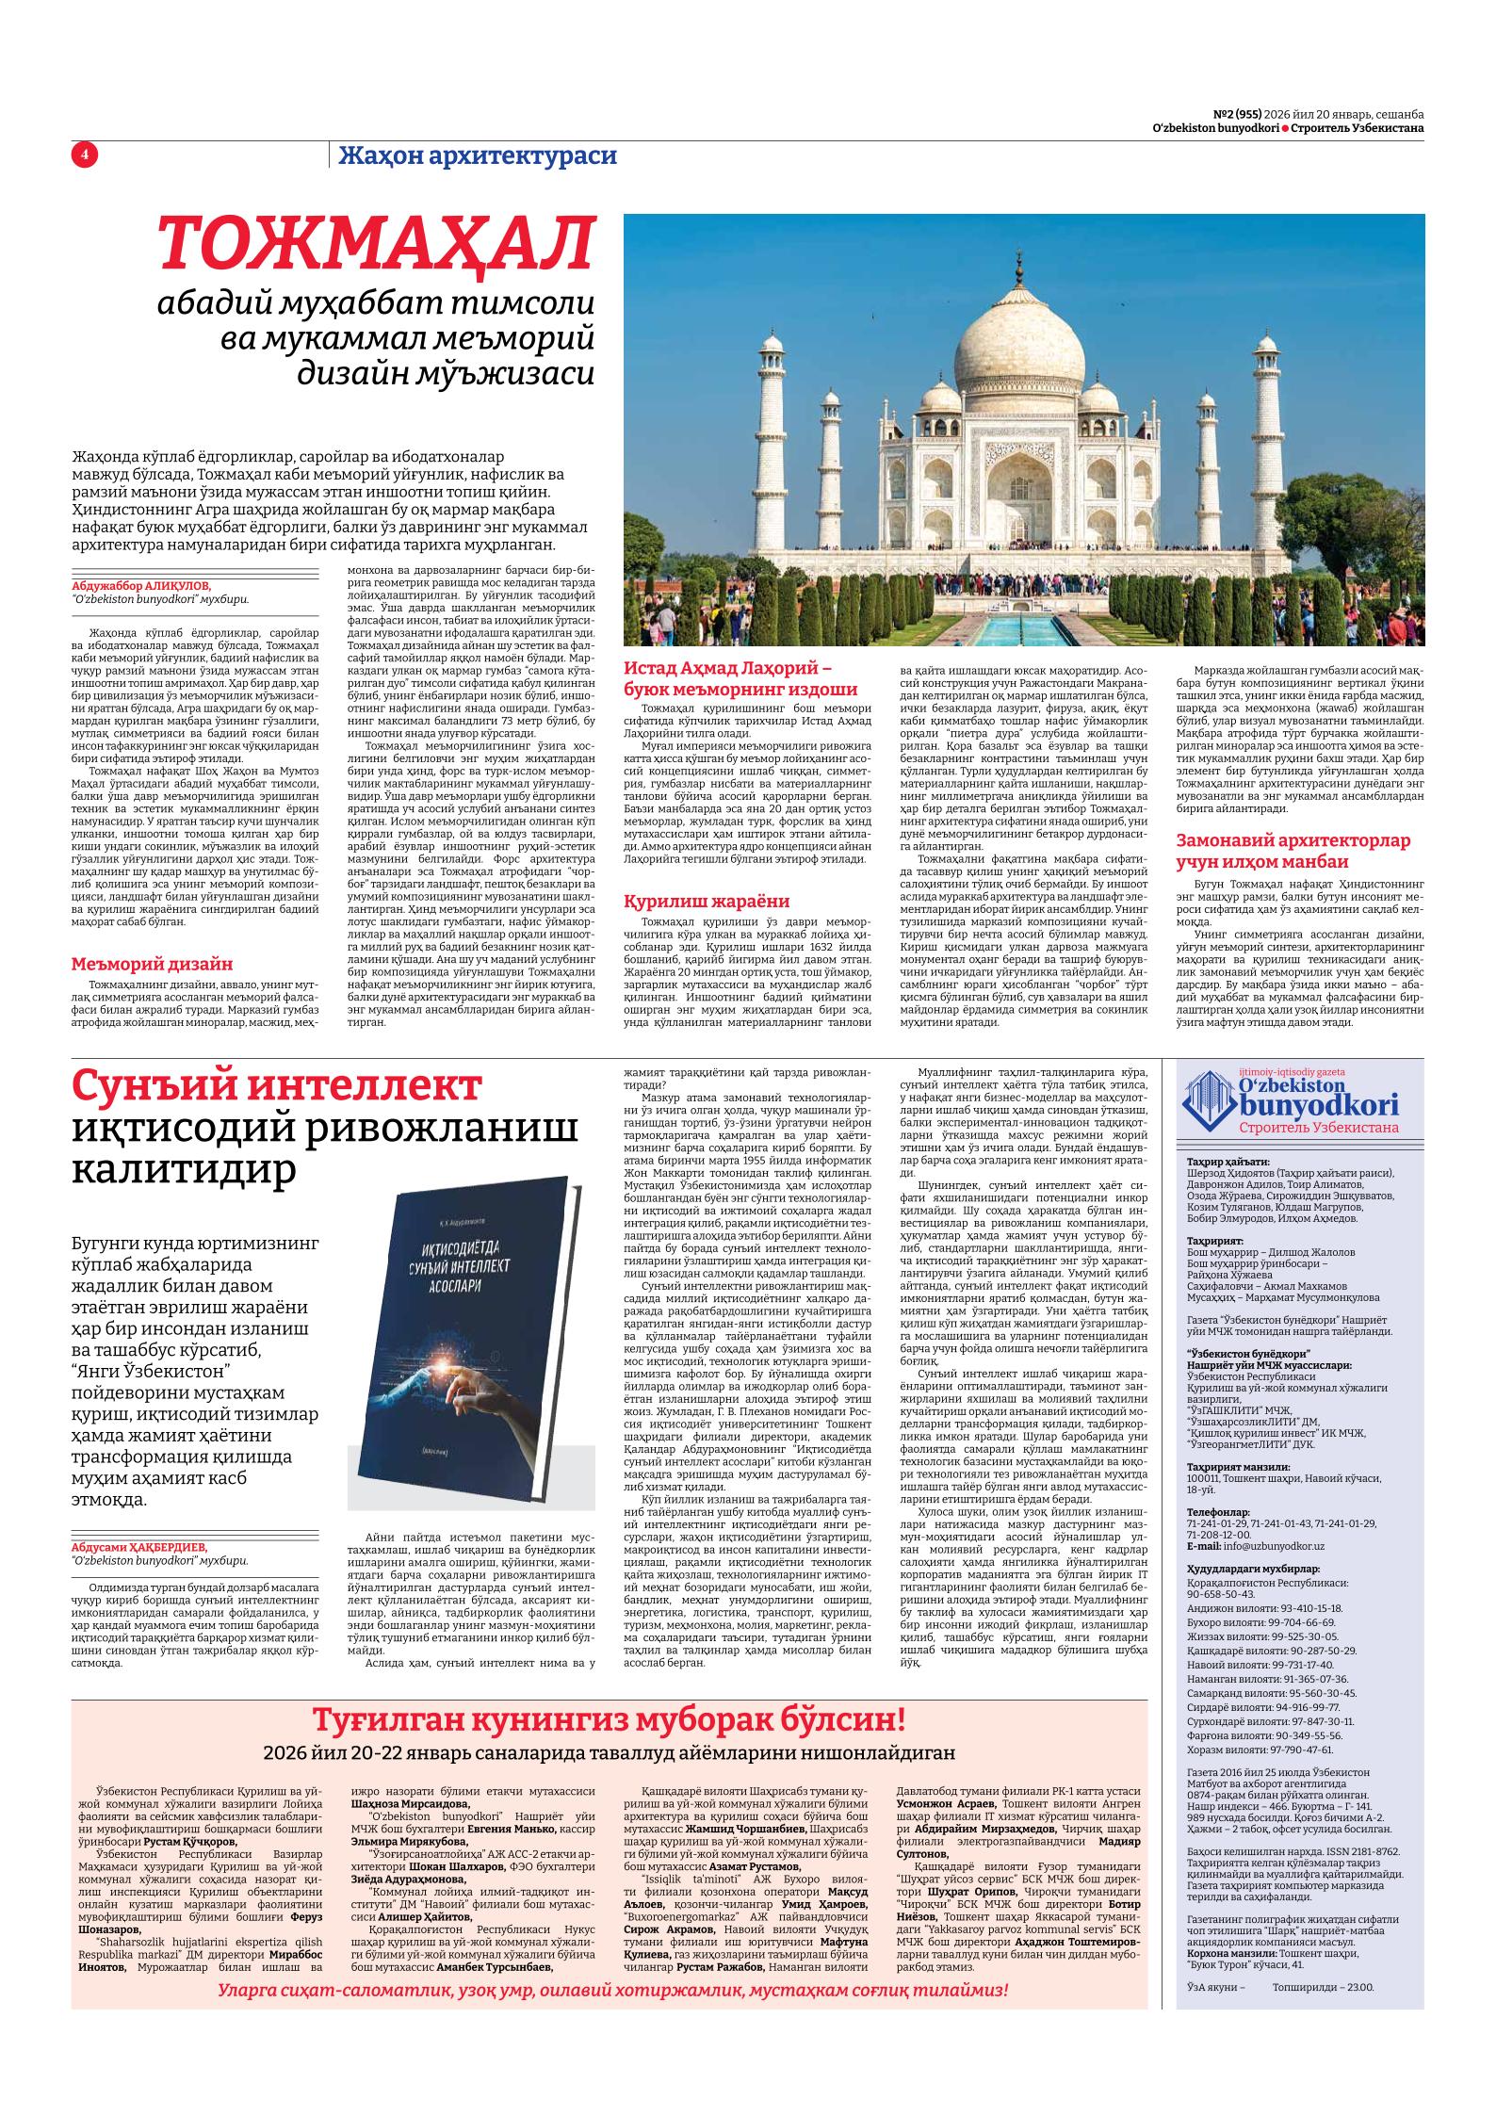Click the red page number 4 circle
(84, 155)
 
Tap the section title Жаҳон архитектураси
(478, 155)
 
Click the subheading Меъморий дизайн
(153, 964)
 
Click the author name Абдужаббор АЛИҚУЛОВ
(142, 585)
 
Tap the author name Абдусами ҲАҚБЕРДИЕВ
(138, 1547)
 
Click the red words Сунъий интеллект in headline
(277, 1087)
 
